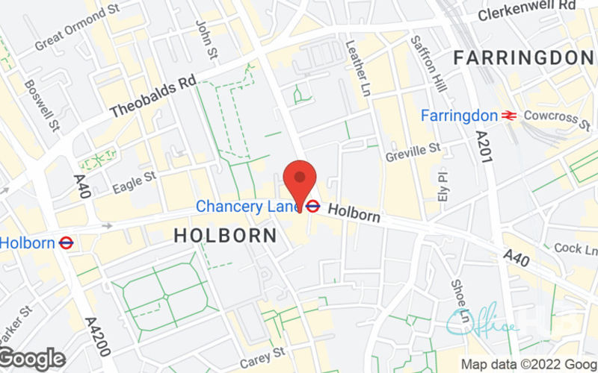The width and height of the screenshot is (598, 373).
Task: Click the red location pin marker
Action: pyautogui.click(x=300, y=182)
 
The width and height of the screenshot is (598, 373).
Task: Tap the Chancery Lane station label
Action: pyautogui.click(x=247, y=206)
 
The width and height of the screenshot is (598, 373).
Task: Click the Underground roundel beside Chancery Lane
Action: pyautogui.click(x=313, y=207)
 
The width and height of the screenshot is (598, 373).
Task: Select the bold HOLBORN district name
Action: pyautogui.click(x=225, y=236)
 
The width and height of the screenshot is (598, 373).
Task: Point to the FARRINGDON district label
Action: pyautogui.click(x=523, y=57)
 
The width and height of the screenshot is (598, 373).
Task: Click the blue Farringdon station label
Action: pyautogui.click(x=458, y=116)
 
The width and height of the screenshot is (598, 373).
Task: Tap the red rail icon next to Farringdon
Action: pyautogui.click(x=511, y=116)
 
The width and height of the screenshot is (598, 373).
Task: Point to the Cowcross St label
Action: pyautogui.click(x=557, y=116)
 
